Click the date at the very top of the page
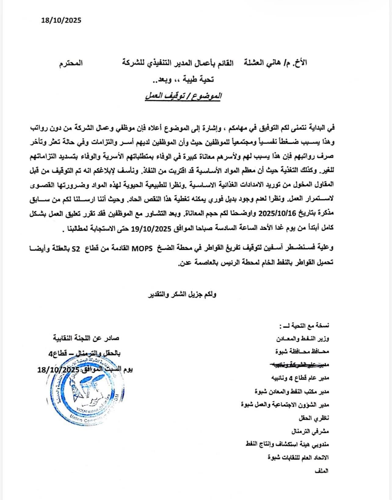click(61, 20)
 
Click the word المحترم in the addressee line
click(71, 64)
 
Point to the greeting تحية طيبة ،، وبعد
click(183, 80)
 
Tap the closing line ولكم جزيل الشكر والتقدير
click(183, 295)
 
